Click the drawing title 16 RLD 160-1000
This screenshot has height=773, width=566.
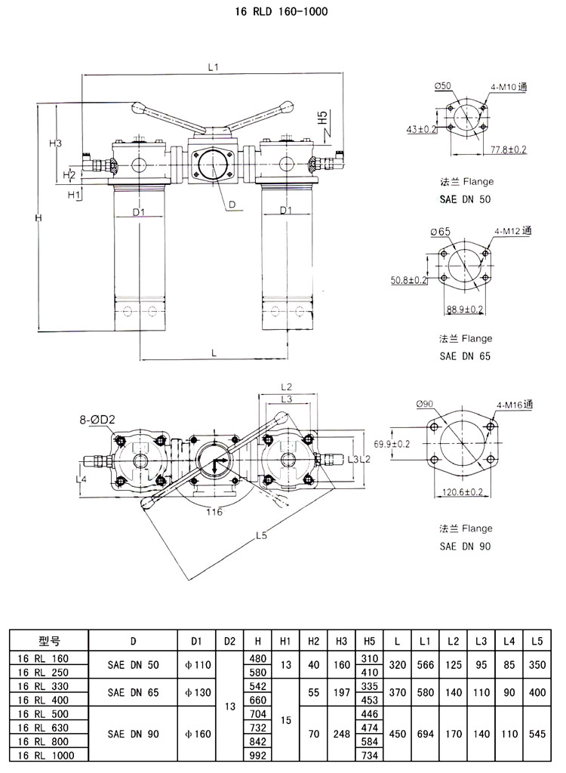click(x=284, y=12)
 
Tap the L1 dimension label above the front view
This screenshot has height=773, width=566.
click(x=214, y=67)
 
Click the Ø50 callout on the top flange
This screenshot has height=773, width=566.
click(x=442, y=88)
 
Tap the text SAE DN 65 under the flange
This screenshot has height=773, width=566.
click(x=465, y=356)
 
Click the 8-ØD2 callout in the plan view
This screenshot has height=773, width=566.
click(x=96, y=418)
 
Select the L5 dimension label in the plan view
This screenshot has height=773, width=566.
click(x=262, y=536)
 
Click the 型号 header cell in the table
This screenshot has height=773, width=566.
click(x=48, y=641)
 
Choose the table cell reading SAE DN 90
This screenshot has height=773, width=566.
click(x=132, y=732)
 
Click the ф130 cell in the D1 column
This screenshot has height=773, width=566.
click(x=196, y=691)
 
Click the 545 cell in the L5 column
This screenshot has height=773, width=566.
click(x=537, y=732)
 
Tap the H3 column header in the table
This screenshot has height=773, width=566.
click(x=341, y=641)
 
